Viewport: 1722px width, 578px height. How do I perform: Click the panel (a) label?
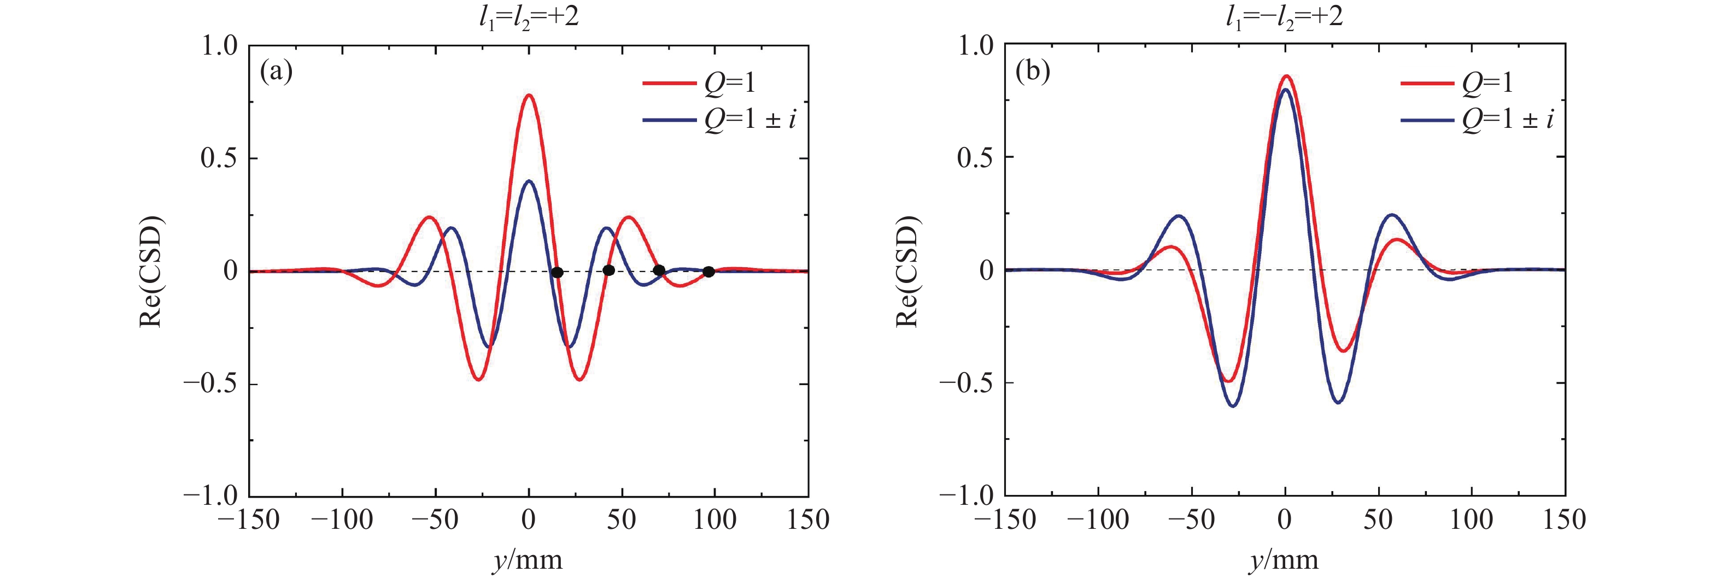tap(276, 71)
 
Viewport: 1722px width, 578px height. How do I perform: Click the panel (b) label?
tap(1033, 71)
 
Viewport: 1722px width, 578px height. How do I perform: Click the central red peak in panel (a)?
tap(529, 96)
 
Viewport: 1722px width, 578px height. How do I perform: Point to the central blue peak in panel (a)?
tap(529, 181)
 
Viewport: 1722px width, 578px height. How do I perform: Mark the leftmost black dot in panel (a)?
tap(557, 272)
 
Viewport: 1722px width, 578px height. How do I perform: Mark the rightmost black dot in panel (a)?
tap(708, 272)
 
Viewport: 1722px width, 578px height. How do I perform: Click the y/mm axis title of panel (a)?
tap(528, 560)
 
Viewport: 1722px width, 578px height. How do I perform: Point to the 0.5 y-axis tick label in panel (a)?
tap(219, 158)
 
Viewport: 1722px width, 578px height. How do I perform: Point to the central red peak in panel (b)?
tap(1285, 77)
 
